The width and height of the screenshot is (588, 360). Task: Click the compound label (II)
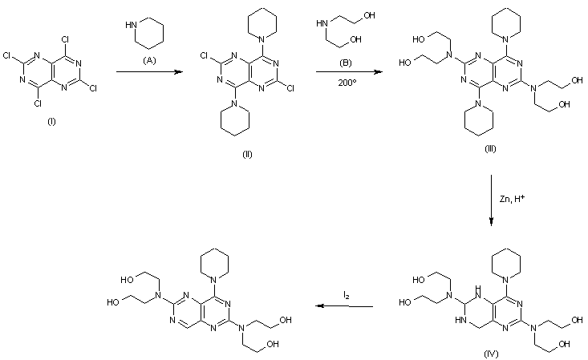click(247, 154)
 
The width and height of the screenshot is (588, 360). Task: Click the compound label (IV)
click(489, 352)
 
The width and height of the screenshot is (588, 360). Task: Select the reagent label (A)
click(149, 60)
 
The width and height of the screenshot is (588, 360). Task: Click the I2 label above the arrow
click(346, 297)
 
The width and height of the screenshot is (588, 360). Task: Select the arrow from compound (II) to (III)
click(343, 71)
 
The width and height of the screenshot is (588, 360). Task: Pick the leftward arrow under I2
click(345, 305)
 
